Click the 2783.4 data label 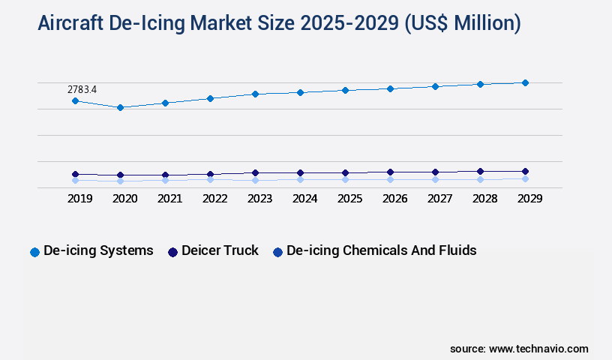[82, 89]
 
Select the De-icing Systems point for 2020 [120, 107]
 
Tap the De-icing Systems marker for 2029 [525, 82]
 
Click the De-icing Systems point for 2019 [75, 100]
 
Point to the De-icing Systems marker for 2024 [300, 92]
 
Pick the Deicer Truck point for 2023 [255, 172]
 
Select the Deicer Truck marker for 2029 [525, 171]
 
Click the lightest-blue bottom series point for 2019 [75, 180]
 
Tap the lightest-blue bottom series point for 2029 [525, 178]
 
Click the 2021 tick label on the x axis [169, 199]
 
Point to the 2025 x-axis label [349, 199]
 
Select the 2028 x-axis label [484, 199]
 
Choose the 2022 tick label [214, 199]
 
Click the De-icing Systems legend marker [34, 252]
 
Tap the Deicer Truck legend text [220, 250]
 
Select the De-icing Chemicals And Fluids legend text [381, 250]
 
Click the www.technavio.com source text [538, 349]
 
